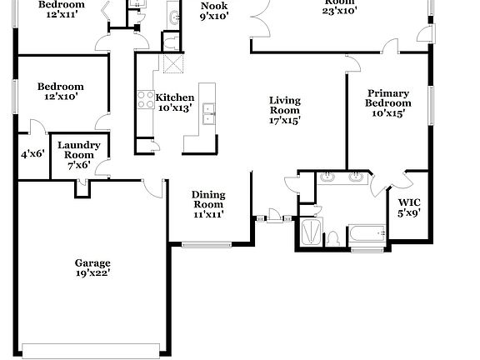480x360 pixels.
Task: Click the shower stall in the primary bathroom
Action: [309, 232]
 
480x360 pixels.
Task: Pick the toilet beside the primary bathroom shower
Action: [332, 238]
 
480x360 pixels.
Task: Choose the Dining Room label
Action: [208, 205]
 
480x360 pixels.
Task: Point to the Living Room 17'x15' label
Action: [284, 110]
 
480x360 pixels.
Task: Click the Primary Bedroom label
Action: [389, 103]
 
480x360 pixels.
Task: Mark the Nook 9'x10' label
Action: [214, 11]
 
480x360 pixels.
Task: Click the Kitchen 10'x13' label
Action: [175, 102]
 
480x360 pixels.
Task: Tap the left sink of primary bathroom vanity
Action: [327, 177]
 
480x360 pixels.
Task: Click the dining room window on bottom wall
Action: [201, 244]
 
